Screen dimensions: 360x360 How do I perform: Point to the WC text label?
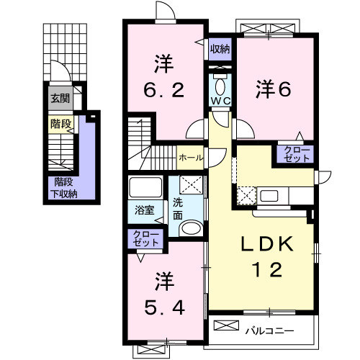(x=220, y=101)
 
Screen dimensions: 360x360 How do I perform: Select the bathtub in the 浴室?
(x=148, y=189)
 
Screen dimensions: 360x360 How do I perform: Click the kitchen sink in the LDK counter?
(x=272, y=194)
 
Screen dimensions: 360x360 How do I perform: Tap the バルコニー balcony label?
(x=269, y=330)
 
